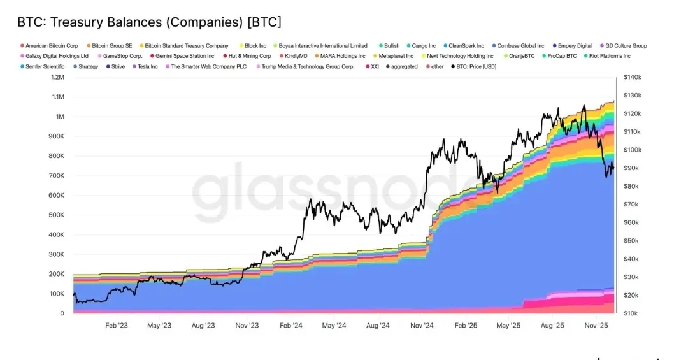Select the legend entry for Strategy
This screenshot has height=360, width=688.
pos(88,66)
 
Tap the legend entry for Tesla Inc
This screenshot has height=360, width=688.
pos(147,66)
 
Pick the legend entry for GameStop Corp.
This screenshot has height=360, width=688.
pos(122,56)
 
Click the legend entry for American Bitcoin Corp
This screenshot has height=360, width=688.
pos(52,46)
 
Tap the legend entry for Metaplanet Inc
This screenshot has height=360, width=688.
pos(396,56)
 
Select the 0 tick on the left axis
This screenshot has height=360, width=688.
pos(62,313)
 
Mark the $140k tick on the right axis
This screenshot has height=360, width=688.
pos(632,77)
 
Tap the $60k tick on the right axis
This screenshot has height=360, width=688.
pos(631,222)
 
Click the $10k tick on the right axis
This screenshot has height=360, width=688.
pos(631,313)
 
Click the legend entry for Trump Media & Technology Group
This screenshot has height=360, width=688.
pos(308,66)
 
